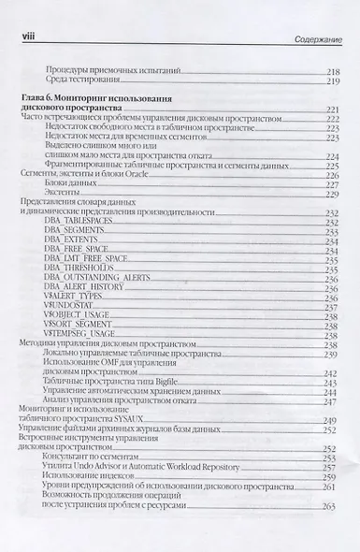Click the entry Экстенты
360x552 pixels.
pos(61,193)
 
